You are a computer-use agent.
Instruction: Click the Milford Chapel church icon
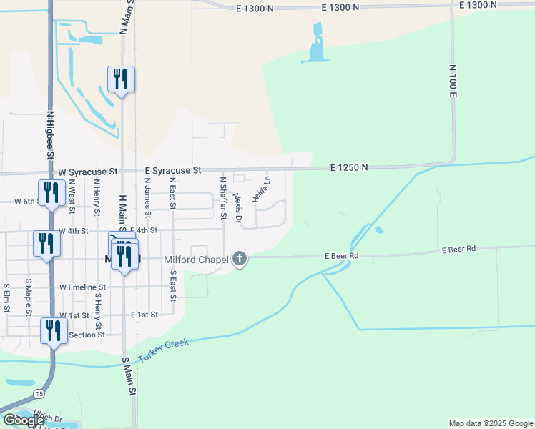pos(240,259)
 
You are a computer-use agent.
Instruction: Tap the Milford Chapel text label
pos(195,260)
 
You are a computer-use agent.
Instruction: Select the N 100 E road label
pos(453,80)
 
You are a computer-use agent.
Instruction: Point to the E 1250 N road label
pos(349,167)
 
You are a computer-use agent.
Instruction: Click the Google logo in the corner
pos(24,420)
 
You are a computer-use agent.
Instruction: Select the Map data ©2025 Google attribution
pos(491,423)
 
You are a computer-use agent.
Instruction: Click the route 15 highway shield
pos(39,393)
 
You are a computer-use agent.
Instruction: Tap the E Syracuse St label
pos(174,171)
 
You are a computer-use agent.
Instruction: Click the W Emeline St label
pos(82,287)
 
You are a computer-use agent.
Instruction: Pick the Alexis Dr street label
pos(238,206)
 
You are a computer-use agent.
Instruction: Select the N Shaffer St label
pos(224,198)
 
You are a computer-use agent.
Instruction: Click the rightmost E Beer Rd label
pos(458,250)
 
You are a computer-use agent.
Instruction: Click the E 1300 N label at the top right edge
pos(478,5)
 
